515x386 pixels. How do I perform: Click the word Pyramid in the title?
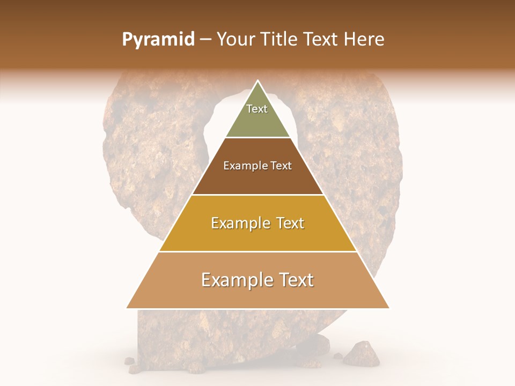158,40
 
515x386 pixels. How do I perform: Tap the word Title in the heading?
279,40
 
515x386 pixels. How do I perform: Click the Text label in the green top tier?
257,109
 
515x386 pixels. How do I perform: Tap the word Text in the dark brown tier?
281,166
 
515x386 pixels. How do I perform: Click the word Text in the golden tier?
289,223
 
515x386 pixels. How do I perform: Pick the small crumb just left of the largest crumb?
337,355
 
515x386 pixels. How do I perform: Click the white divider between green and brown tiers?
258,138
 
